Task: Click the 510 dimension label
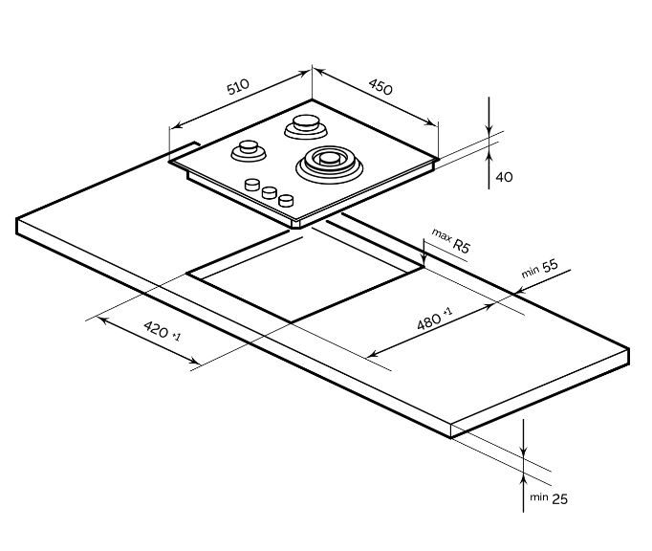click(x=238, y=87)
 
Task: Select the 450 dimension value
click(x=380, y=86)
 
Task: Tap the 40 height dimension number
click(x=505, y=177)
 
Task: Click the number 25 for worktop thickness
click(x=561, y=498)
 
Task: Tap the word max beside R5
click(x=441, y=233)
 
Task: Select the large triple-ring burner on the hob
click(x=330, y=162)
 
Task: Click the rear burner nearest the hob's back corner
click(x=305, y=125)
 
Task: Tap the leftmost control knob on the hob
click(x=253, y=185)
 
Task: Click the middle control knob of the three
click(x=269, y=192)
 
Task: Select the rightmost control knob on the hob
click(x=285, y=200)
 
